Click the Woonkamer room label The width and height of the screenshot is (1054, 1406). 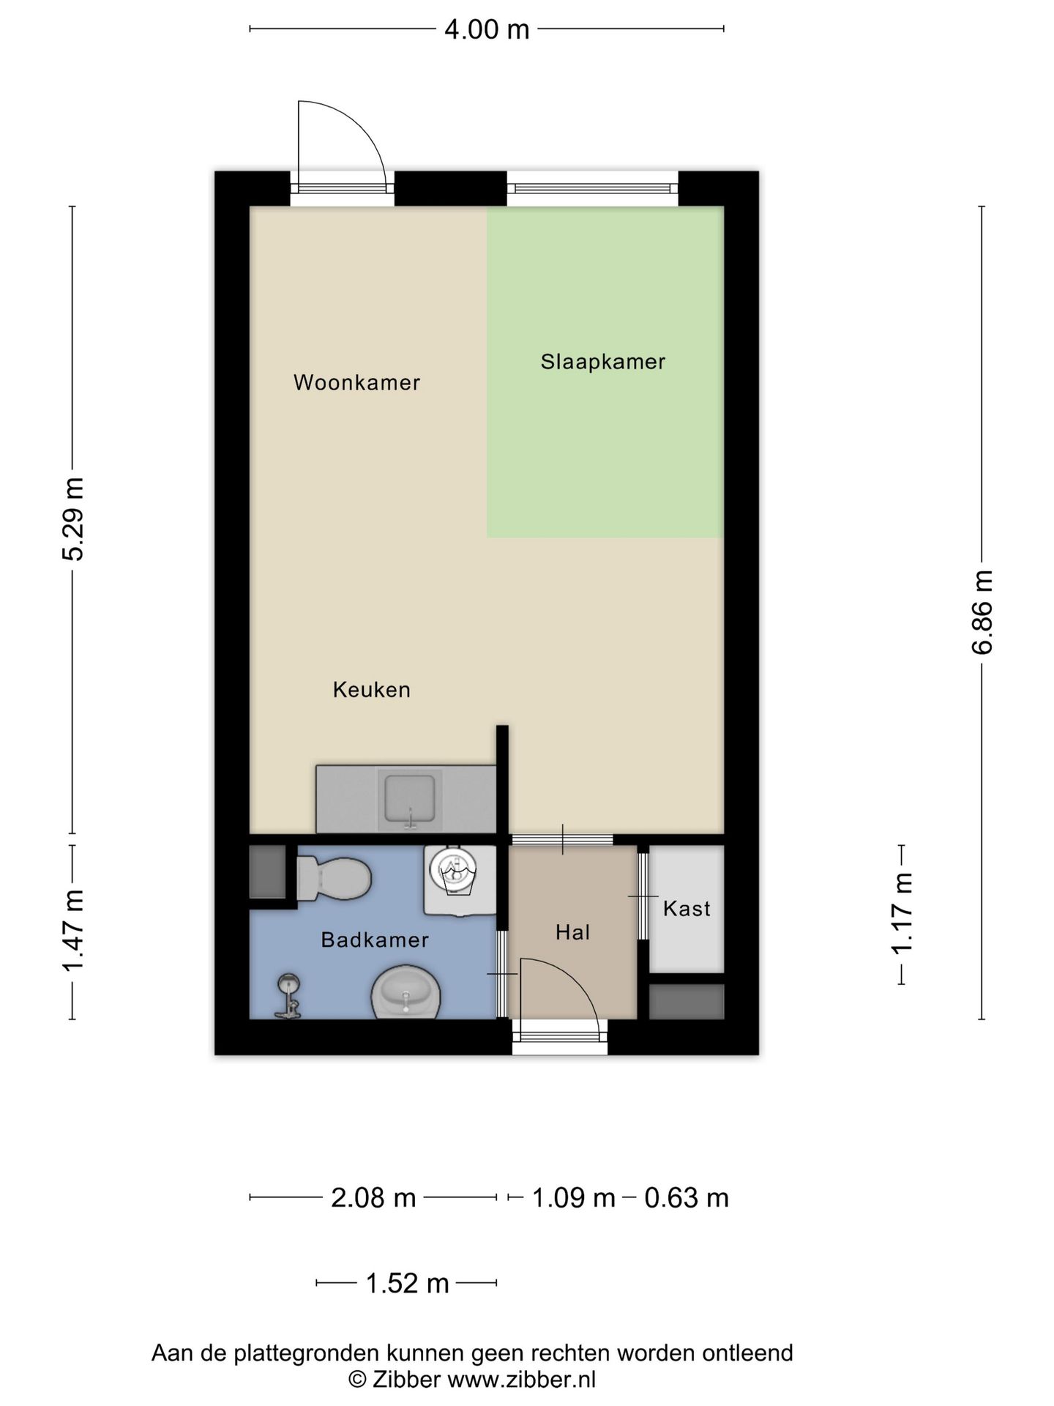356,382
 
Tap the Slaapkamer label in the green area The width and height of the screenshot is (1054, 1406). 603,362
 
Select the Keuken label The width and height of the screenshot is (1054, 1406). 372,690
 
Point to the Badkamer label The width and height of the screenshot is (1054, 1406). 375,940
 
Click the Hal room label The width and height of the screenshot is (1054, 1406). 572,932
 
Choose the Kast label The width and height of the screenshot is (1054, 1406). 687,909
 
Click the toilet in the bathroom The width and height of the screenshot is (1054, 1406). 334,879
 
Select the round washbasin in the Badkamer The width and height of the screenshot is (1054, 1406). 405,994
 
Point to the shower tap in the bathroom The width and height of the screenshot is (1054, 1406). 288,997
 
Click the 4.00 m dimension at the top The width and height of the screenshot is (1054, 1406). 487,29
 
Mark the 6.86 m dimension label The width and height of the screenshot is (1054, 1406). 982,611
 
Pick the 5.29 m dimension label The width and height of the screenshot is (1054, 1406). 72,518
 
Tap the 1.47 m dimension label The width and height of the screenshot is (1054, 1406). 72,931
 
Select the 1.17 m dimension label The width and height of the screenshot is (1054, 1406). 902,914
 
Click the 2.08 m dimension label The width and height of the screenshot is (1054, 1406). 373,1199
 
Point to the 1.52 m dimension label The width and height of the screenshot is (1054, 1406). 407,1284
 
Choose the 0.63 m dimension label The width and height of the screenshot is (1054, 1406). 687,1199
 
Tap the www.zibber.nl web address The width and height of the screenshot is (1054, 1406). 521,1380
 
